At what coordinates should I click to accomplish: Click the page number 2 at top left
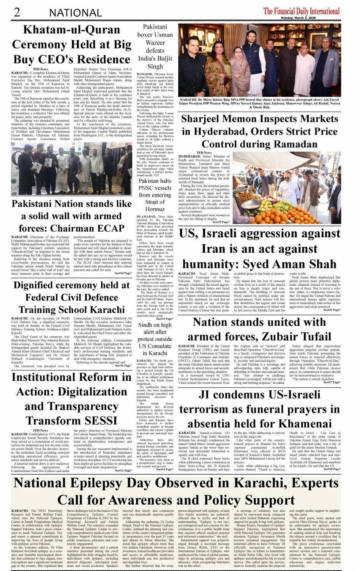pos(17,12)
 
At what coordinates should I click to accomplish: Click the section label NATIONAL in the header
pos(75,13)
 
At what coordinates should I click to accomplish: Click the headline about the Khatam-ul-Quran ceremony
pos(72,45)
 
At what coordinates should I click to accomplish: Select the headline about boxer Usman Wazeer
pos(155,46)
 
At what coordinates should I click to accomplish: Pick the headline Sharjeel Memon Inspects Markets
pos(259,131)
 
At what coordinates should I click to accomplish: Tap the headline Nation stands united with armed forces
pos(259,329)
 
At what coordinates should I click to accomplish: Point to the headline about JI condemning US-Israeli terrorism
pos(259,409)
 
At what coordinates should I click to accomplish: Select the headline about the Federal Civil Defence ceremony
pos(72,297)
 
